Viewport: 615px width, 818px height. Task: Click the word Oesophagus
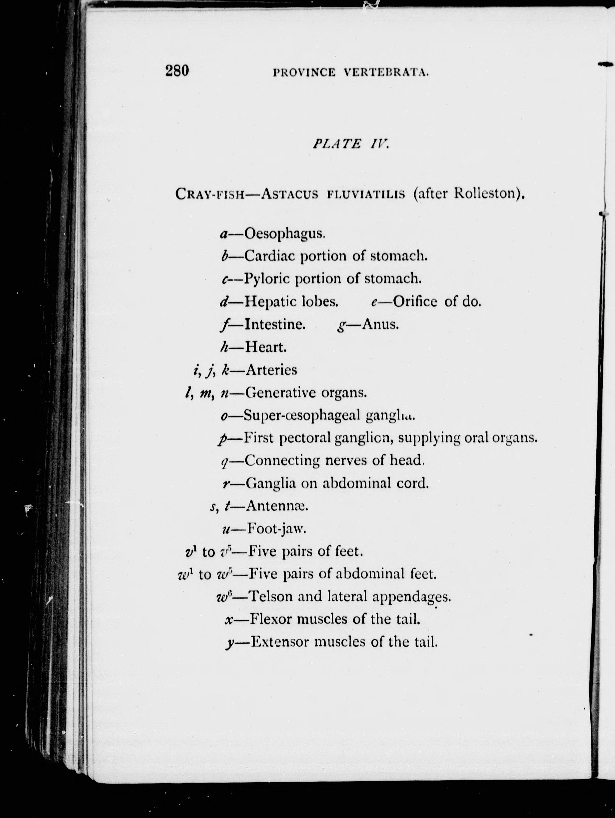click(x=285, y=234)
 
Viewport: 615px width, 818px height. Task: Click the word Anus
click(x=380, y=324)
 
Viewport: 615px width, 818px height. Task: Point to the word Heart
click(x=266, y=347)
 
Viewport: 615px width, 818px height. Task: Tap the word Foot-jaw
click(x=276, y=529)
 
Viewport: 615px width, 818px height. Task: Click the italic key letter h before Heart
click(x=223, y=347)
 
